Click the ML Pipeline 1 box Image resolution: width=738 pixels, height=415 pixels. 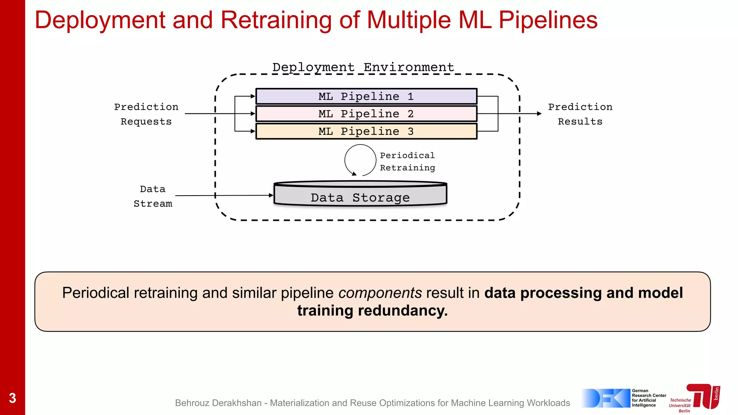[x=366, y=96]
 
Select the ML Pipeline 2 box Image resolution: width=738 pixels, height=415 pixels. [x=366, y=113]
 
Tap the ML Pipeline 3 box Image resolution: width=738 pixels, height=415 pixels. [x=366, y=131]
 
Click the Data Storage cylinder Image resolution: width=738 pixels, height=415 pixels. [x=360, y=195]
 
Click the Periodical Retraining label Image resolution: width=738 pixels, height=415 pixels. [x=407, y=161]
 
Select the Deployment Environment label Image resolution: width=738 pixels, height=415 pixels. [x=363, y=67]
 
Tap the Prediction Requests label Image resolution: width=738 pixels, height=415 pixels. [x=146, y=114]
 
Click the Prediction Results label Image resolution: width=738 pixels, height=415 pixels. [x=580, y=114]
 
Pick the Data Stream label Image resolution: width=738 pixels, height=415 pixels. [x=153, y=196]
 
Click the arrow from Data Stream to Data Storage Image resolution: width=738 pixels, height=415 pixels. [x=223, y=195]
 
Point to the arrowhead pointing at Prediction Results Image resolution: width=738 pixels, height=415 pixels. [x=539, y=113]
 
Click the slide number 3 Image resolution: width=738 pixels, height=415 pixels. [x=12, y=398]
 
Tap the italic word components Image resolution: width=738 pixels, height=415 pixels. [x=380, y=293]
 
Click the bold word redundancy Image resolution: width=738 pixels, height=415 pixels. [x=403, y=311]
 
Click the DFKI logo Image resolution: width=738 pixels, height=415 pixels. [x=606, y=398]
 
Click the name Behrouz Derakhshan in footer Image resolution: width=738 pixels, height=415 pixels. [x=218, y=403]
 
